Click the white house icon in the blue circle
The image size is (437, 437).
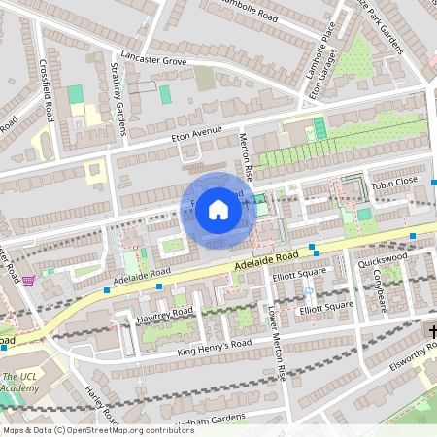pyautogui.click(x=218, y=209)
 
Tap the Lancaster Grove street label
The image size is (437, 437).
pyautogui.click(x=149, y=59)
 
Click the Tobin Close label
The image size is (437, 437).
pyautogui.click(x=392, y=182)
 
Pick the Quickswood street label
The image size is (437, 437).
pyautogui.click(x=382, y=260)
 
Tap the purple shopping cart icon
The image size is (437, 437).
pyautogui.click(x=31, y=281)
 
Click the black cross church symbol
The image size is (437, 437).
pyautogui.click(x=431, y=333)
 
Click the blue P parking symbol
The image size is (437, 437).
pyautogui.click(x=308, y=290)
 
